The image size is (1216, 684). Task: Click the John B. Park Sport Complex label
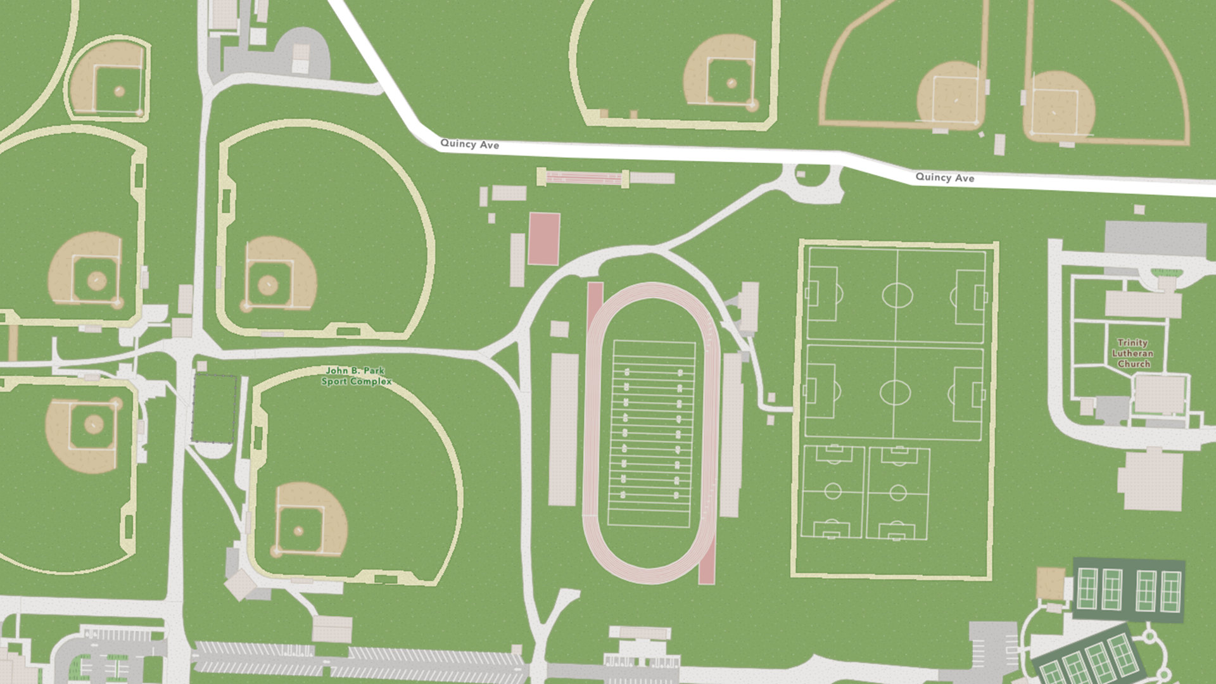tap(356, 376)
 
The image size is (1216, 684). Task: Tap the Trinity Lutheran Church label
tap(1133, 353)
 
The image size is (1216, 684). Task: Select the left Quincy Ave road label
tap(469, 144)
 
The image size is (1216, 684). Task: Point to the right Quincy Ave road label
tap(944, 177)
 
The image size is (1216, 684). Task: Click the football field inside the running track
tap(650, 434)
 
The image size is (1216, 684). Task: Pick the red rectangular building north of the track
tap(544, 238)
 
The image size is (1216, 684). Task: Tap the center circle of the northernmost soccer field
tap(897, 295)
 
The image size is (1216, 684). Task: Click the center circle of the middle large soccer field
tap(894, 393)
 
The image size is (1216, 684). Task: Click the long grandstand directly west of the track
tap(562, 429)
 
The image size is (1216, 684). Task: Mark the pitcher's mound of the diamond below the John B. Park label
tap(298, 530)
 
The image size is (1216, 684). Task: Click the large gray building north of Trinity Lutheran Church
tap(1155, 238)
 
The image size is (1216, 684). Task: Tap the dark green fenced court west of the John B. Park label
tap(214, 408)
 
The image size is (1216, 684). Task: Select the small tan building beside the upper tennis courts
tap(1050, 583)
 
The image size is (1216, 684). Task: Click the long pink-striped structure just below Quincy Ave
tap(583, 177)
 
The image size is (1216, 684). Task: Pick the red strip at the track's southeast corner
tap(707, 560)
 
